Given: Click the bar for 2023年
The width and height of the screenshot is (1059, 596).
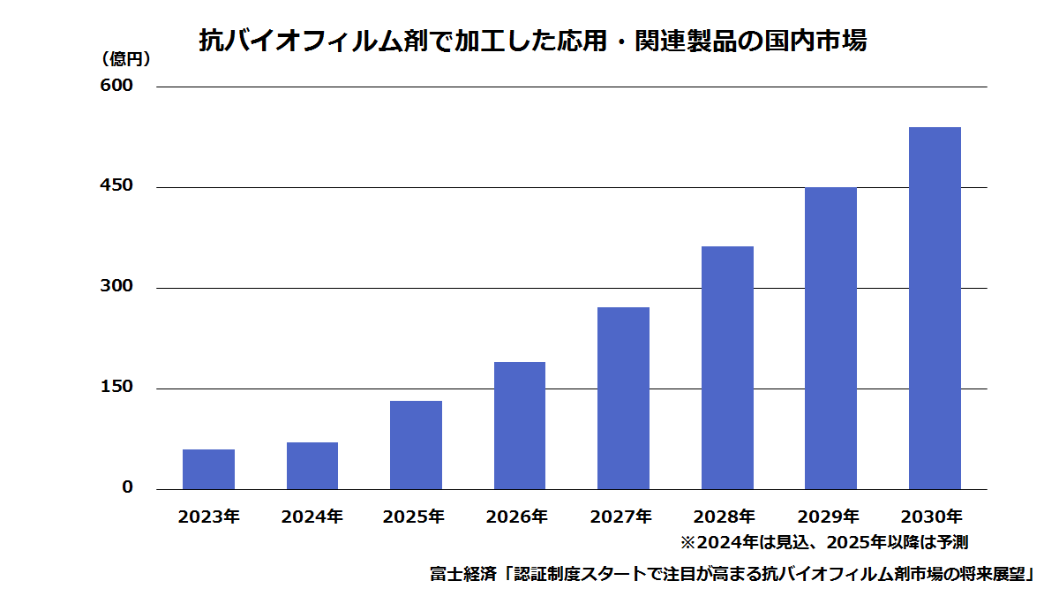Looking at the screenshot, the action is tap(208, 469).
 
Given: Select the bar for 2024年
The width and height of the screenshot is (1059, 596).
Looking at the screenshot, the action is tap(312, 466).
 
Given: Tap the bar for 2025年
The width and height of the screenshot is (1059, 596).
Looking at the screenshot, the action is tap(416, 445).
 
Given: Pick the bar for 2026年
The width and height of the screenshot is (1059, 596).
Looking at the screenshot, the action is tap(520, 426).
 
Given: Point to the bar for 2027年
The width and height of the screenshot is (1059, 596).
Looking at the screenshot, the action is tap(624, 398).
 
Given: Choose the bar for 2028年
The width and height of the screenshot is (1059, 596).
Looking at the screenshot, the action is tap(727, 368).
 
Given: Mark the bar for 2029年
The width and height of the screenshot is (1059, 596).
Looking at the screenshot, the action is tap(830, 338).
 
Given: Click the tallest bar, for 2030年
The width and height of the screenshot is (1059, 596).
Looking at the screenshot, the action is tap(935, 308).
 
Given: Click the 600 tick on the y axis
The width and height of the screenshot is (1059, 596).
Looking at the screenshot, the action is tap(116, 86).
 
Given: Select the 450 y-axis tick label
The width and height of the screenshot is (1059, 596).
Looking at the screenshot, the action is tap(116, 185).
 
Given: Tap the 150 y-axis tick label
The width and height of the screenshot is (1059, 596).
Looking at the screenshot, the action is tap(116, 387).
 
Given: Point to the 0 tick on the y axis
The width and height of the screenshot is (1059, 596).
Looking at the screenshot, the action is tap(128, 487).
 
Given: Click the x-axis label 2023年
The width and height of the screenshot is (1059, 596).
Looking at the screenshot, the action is tap(209, 517).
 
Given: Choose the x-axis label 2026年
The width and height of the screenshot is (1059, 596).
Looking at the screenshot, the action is tap(517, 517).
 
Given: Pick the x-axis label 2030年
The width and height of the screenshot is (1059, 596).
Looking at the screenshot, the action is tap(931, 517).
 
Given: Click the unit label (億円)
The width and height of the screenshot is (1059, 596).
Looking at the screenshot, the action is tap(125, 59).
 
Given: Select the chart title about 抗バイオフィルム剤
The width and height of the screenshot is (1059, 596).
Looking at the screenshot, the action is tap(533, 41).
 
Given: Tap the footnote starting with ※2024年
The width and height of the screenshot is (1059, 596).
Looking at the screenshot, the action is tap(824, 542).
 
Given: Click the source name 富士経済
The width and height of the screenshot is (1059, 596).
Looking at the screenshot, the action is tap(463, 574).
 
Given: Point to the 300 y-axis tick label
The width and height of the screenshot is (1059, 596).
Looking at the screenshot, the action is tap(116, 286).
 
